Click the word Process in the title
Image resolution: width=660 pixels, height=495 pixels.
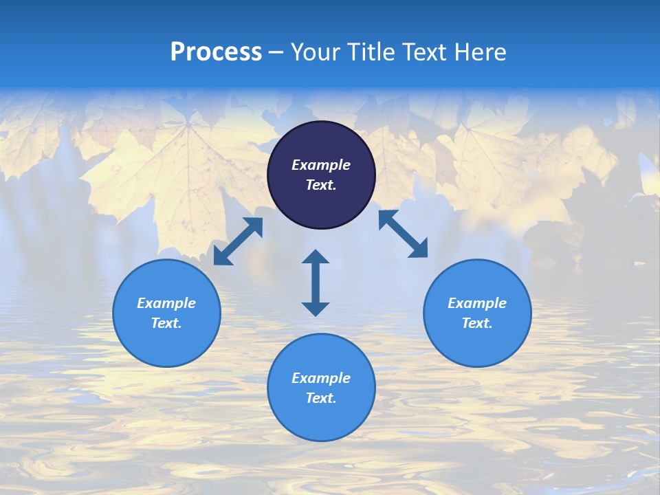[216, 52]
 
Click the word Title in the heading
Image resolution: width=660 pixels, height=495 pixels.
[375, 52]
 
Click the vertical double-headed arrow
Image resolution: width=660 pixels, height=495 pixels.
[316, 283]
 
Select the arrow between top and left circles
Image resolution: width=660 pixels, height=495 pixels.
[238, 241]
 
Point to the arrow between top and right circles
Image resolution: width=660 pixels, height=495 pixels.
[403, 234]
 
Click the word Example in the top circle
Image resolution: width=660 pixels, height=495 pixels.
[321, 165]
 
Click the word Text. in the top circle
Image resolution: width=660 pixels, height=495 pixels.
[321, 185]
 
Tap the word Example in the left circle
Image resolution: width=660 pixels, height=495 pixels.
[166, 303]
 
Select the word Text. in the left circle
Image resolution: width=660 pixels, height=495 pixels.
[166, 323]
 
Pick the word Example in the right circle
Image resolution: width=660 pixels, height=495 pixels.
[477, 303]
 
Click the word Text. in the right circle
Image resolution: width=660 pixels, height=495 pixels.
[477, 323]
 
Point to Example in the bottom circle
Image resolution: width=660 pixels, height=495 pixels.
[321, 378]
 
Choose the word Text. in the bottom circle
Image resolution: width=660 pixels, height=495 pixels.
[321, 398]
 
